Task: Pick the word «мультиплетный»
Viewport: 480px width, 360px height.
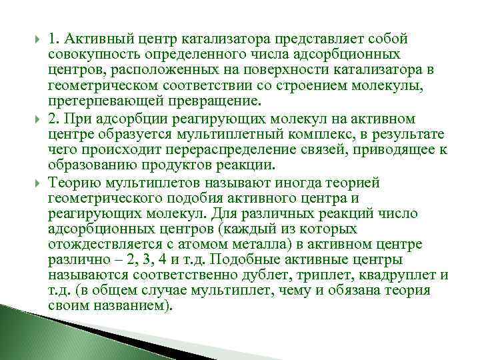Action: click(x=224, y=135)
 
